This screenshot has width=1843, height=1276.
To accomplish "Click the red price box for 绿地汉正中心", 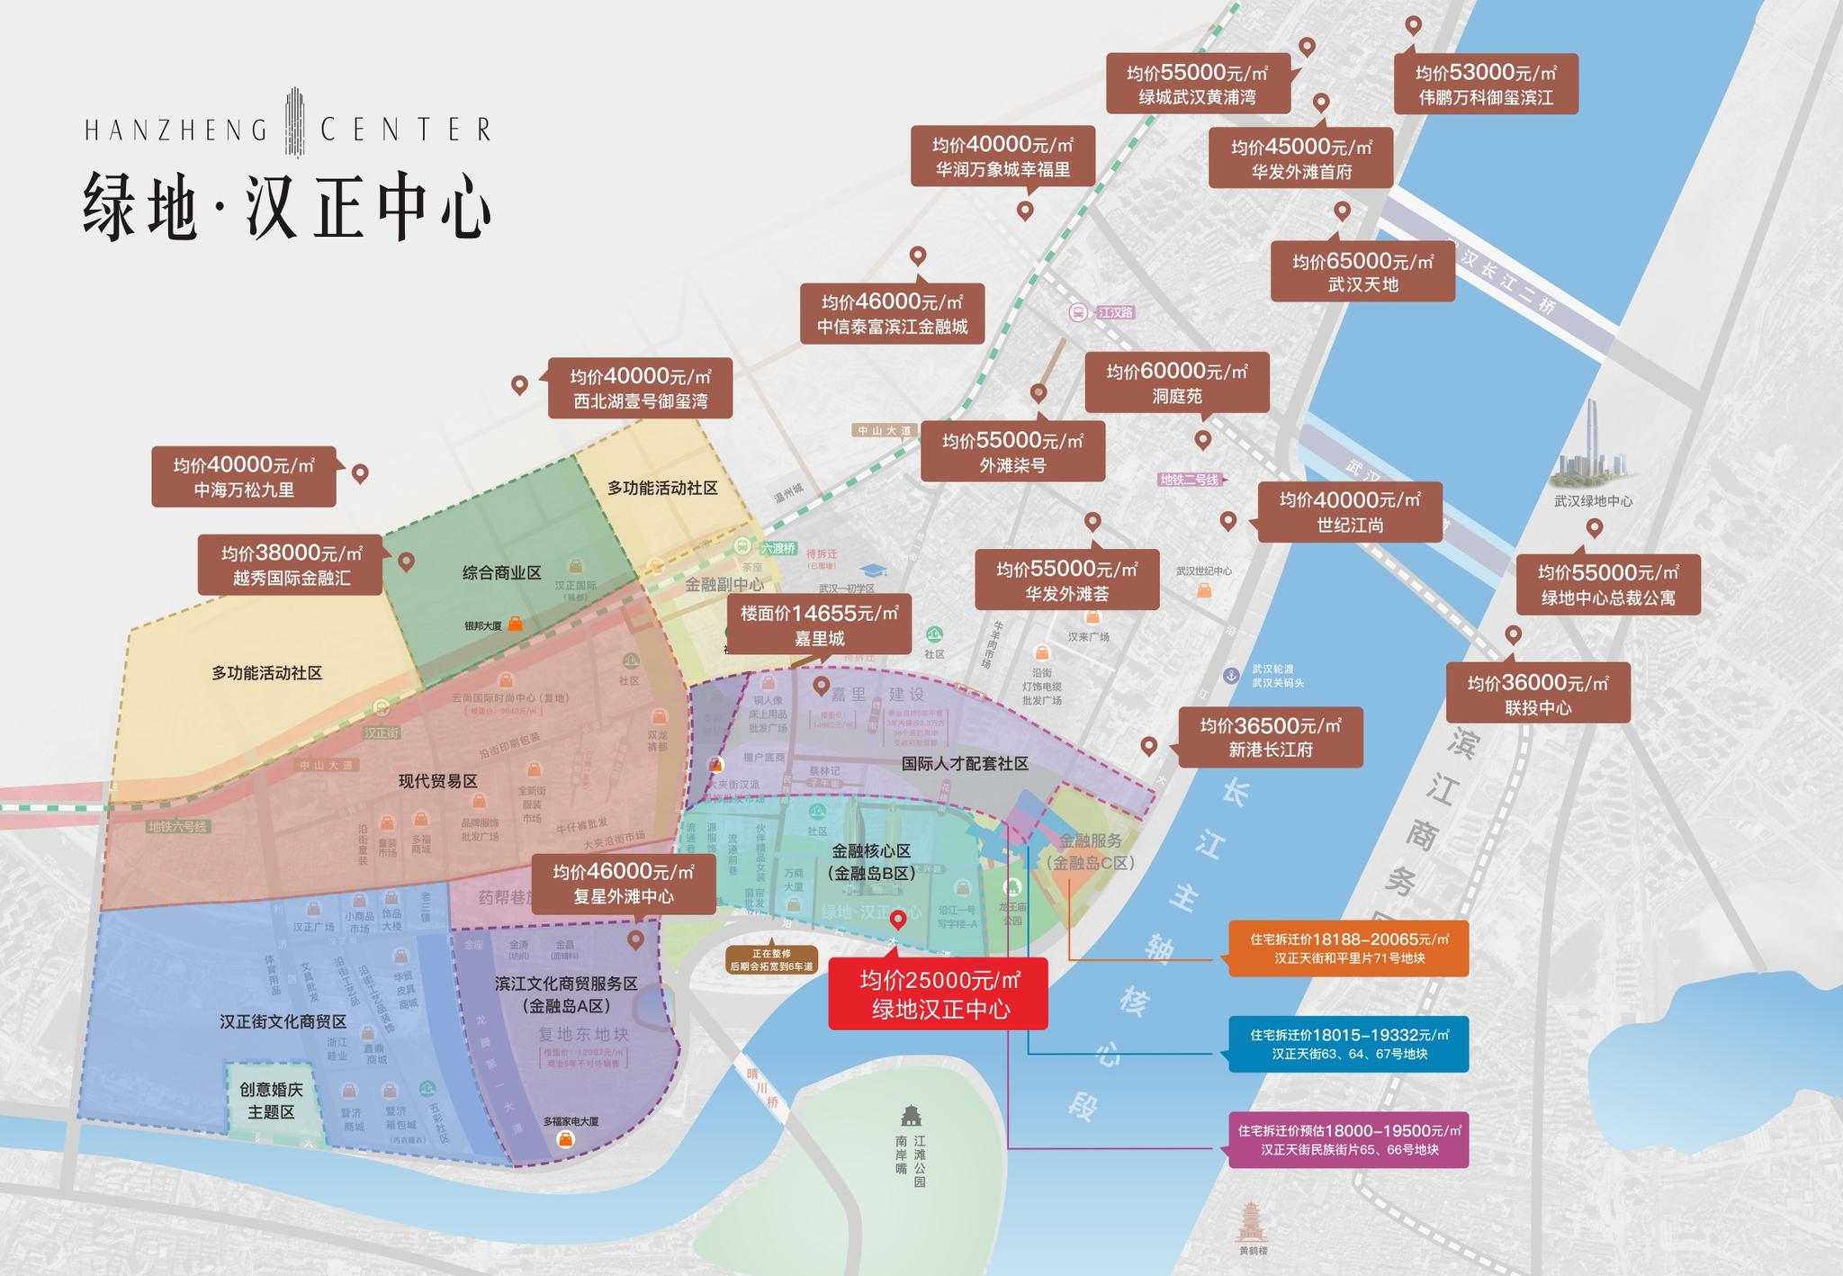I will pos(937,993).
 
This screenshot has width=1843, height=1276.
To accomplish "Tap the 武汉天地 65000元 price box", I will pos(1362,272).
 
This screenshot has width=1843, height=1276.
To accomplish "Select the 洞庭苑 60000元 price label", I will pos(1176,382).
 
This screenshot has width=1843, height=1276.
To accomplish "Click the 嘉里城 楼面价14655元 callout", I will pos(818,625).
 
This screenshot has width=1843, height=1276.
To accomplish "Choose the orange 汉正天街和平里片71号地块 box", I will pos(1348,948).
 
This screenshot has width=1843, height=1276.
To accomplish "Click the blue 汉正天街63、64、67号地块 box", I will pos(1348,1044).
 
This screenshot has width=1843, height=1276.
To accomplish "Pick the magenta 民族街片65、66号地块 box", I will pos(1348,1140).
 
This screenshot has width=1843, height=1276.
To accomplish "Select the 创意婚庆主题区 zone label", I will pos(271,1101).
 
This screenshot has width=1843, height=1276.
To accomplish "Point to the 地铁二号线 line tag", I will pos(1190,480).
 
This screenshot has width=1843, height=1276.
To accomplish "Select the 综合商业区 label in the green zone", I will pos(501,572).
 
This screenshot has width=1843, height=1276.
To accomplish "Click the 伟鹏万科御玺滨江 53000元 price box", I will pos(1485,85).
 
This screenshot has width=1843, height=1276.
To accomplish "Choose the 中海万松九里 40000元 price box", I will pos(243,477).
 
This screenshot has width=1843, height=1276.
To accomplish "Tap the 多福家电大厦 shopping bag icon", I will pos(565,1139).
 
